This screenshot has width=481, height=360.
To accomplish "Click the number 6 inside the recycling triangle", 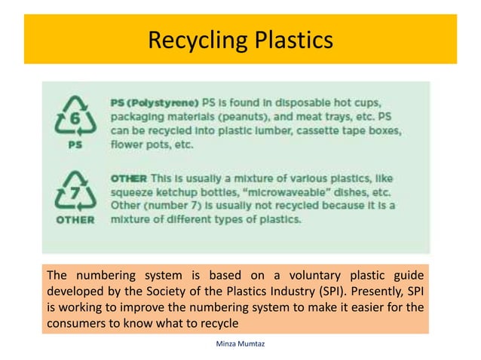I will [x=75, y=119].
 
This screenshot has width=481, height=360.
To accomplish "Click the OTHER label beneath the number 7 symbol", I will [x=75, y=220].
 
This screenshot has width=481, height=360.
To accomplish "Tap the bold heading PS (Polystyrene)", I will [x=155, y=102].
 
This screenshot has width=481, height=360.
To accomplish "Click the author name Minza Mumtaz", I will [x=240, y=343].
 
